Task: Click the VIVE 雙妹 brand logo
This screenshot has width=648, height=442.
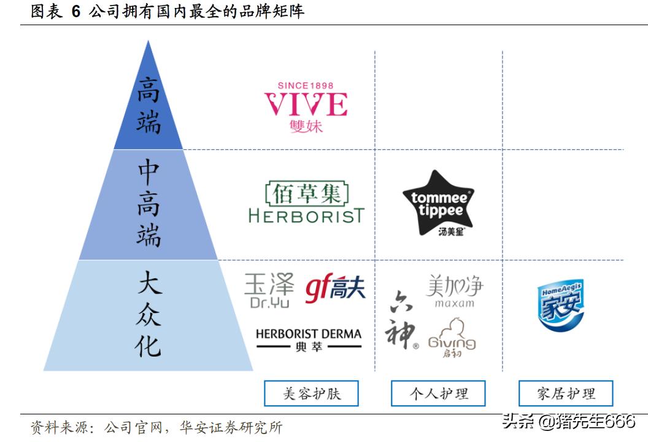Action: click(x=306, y=107)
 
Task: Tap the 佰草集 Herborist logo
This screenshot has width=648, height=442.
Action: click(x=306, y=202)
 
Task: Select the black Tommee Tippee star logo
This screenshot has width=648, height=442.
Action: click(x=439, y=203)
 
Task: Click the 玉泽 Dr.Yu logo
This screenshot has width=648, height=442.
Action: click(x=269, y=290)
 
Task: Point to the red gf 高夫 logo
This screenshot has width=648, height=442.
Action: click(x=335, y=288)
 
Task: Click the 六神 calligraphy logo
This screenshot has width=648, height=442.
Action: click(x=401, y=320)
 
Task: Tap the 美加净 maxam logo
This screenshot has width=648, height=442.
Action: click(x=455, y=291)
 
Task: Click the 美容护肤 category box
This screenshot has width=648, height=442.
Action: click(x=311, y=394)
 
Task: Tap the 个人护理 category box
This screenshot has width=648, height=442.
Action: click(x=438, y=394)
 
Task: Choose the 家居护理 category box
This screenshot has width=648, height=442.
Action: click(x=566, y=394)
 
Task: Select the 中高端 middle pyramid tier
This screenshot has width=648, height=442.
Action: click(x=148, y=204)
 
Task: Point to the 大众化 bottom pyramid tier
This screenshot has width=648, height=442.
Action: click(x=148, y=315)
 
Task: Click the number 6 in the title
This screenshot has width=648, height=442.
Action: click(x=75, y=11)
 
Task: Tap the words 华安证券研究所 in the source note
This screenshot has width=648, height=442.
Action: click(x=231, y=427)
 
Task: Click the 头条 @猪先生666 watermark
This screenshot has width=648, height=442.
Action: click(x=569, y=422)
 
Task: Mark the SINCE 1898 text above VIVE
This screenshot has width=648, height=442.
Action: click(x=306, y=85)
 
